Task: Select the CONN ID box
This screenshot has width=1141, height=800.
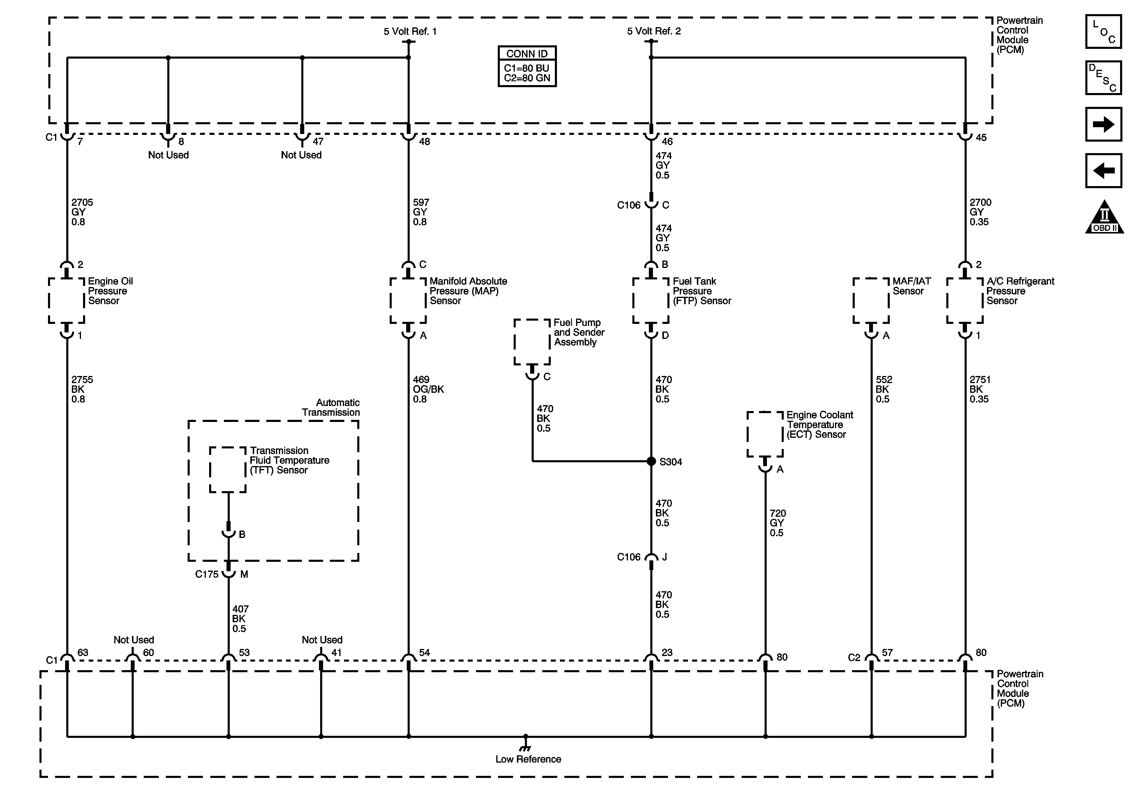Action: [527, 67]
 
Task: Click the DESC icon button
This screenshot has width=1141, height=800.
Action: [1103, 77]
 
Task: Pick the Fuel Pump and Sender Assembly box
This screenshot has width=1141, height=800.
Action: [532, 342]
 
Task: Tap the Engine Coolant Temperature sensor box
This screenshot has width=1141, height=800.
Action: [765, 434]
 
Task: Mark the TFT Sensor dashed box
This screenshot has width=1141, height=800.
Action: [228, 470]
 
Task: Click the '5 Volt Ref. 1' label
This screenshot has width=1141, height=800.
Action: [410, 31]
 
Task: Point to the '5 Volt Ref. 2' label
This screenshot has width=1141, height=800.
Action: [654, 31]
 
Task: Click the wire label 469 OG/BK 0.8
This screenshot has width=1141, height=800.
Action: [428, 389]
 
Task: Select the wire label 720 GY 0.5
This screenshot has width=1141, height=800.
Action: [777, 523]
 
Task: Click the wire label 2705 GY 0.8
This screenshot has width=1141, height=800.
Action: [82, 212]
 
